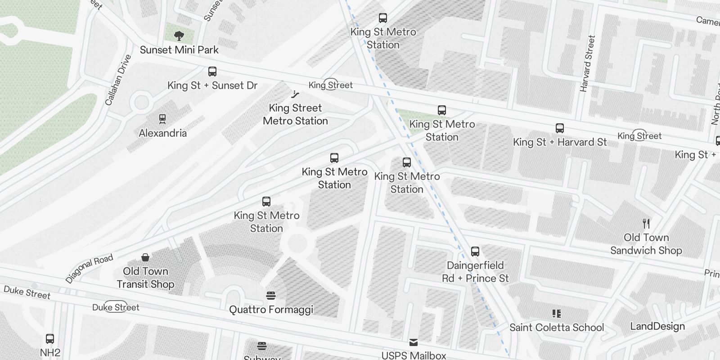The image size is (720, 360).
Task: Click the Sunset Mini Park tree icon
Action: tap(179, 36)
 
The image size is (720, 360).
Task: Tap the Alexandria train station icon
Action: tap(162, 119)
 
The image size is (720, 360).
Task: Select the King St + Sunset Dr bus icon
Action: tap(212, 71)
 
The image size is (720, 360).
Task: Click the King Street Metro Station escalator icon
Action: tap(295, 94)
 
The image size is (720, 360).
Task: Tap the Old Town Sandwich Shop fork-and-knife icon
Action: tap(646, 223)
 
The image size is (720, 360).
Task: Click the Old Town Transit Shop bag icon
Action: tap(145, 257)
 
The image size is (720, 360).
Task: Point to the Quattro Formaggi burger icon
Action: tap(270, 296)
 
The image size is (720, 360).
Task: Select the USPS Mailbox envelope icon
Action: tap(414, 342)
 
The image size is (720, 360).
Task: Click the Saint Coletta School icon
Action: tap(557, 314)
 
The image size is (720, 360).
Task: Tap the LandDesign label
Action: tap(657, 326)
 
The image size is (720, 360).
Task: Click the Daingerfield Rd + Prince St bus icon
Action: tap(475, 252)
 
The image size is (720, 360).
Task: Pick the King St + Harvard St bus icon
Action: tap(560, 128)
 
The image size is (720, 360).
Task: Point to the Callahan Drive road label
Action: tap(118, 80)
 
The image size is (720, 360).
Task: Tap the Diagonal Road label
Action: tap(89, 269)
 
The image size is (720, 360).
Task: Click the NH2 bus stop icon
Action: tap(50, 339)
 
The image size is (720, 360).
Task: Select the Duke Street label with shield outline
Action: tap(116, 307)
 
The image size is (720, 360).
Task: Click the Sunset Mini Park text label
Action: tap(179, 50)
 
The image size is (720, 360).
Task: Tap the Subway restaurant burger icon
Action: tap(262, 346)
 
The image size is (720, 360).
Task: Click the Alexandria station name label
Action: tap(162, 133)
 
